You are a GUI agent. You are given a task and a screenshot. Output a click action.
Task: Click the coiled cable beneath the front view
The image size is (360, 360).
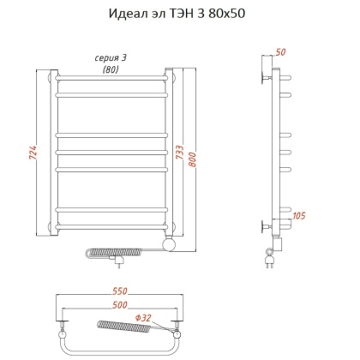pyautogui.click(x=125, y=252)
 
